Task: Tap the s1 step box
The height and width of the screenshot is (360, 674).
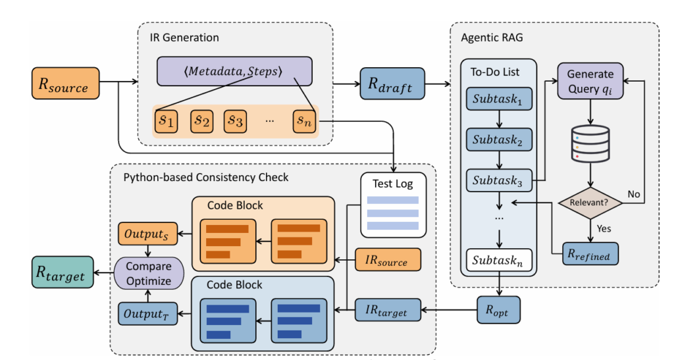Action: [x=167, y=120]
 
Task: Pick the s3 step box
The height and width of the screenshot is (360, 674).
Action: [x=236, y=120]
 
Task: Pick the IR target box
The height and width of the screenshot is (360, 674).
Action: [x=388, y=309]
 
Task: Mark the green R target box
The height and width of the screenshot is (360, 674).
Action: [x=60, y=273]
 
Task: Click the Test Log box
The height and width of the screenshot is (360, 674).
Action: [x=392, y=204]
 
